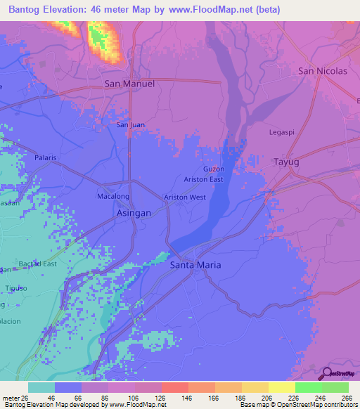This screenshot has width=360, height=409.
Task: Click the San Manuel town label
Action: coord(129,84)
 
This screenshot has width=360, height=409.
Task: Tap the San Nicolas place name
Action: coord(323,71)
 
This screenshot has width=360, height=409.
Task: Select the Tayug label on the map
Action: coord(285,162)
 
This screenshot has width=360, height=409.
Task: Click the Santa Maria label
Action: coord(195,265)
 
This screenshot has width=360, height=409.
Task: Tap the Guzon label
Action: coord(214,169)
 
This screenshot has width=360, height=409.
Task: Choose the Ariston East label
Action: coord(203,180)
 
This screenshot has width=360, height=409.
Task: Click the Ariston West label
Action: coord(185,197)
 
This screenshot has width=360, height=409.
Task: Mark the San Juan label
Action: coord(131,125)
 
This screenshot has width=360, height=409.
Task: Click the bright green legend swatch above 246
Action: coord(308,387)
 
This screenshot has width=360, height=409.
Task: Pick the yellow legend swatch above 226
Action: coord(281,387)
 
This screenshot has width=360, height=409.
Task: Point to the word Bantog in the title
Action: coord(27,10)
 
